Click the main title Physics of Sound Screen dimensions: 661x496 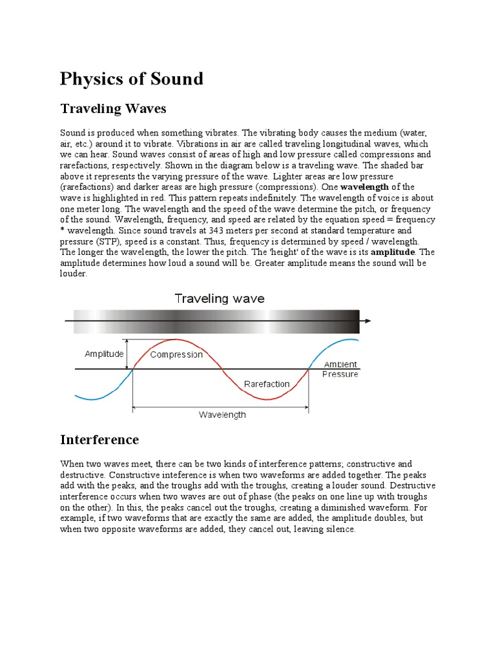[131, 79]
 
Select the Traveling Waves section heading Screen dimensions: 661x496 [113, 108]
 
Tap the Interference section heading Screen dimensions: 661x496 [99, 440]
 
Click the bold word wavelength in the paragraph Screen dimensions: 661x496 [366, 187]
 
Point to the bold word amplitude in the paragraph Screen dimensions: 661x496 [393, 252]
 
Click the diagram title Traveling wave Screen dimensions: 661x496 [220, 298]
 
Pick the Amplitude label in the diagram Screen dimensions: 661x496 [104, 354]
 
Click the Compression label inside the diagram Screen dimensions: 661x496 [176, 354]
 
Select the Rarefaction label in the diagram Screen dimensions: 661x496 [267, 384]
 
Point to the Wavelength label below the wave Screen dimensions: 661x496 [222, 415]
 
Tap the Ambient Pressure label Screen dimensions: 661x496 [340, 369]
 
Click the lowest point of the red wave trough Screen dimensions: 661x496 [265, 400]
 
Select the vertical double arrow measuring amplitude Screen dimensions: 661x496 [128, 354]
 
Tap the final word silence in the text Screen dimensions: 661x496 [340, 529]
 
